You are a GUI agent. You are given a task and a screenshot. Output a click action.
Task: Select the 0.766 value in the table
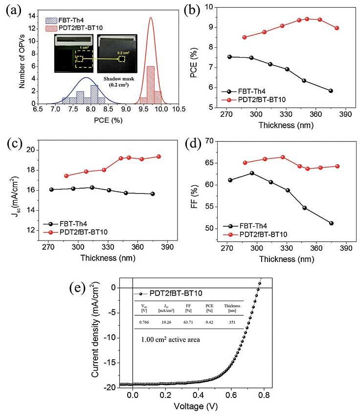click(x=144, y=322)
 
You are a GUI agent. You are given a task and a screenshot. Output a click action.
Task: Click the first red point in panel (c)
click(x=67, y=176)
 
